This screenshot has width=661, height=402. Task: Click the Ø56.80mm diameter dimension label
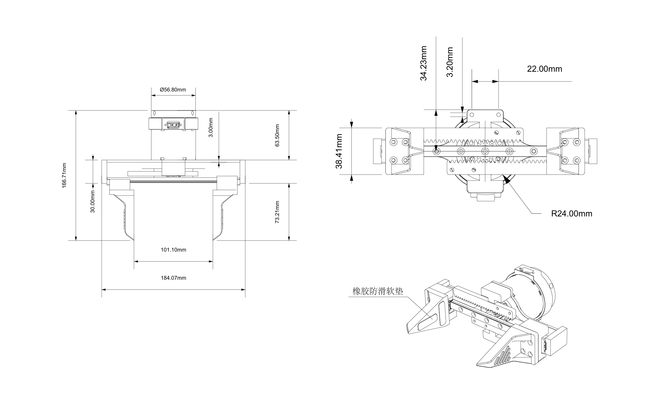[173, 90]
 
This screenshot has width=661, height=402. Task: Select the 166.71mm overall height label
[64, 176]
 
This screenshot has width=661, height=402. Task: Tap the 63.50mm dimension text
[277, 135]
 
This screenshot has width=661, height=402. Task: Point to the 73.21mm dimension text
[277, 212]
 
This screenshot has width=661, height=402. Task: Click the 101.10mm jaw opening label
[174, 250]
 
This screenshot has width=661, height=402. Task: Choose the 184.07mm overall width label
[174, 278]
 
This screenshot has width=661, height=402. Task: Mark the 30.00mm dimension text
[93, 202]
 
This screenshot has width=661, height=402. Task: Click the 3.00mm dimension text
[211, 127]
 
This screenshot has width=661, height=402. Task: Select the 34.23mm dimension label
[424, 63]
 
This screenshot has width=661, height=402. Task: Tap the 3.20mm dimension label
[450, 62]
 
